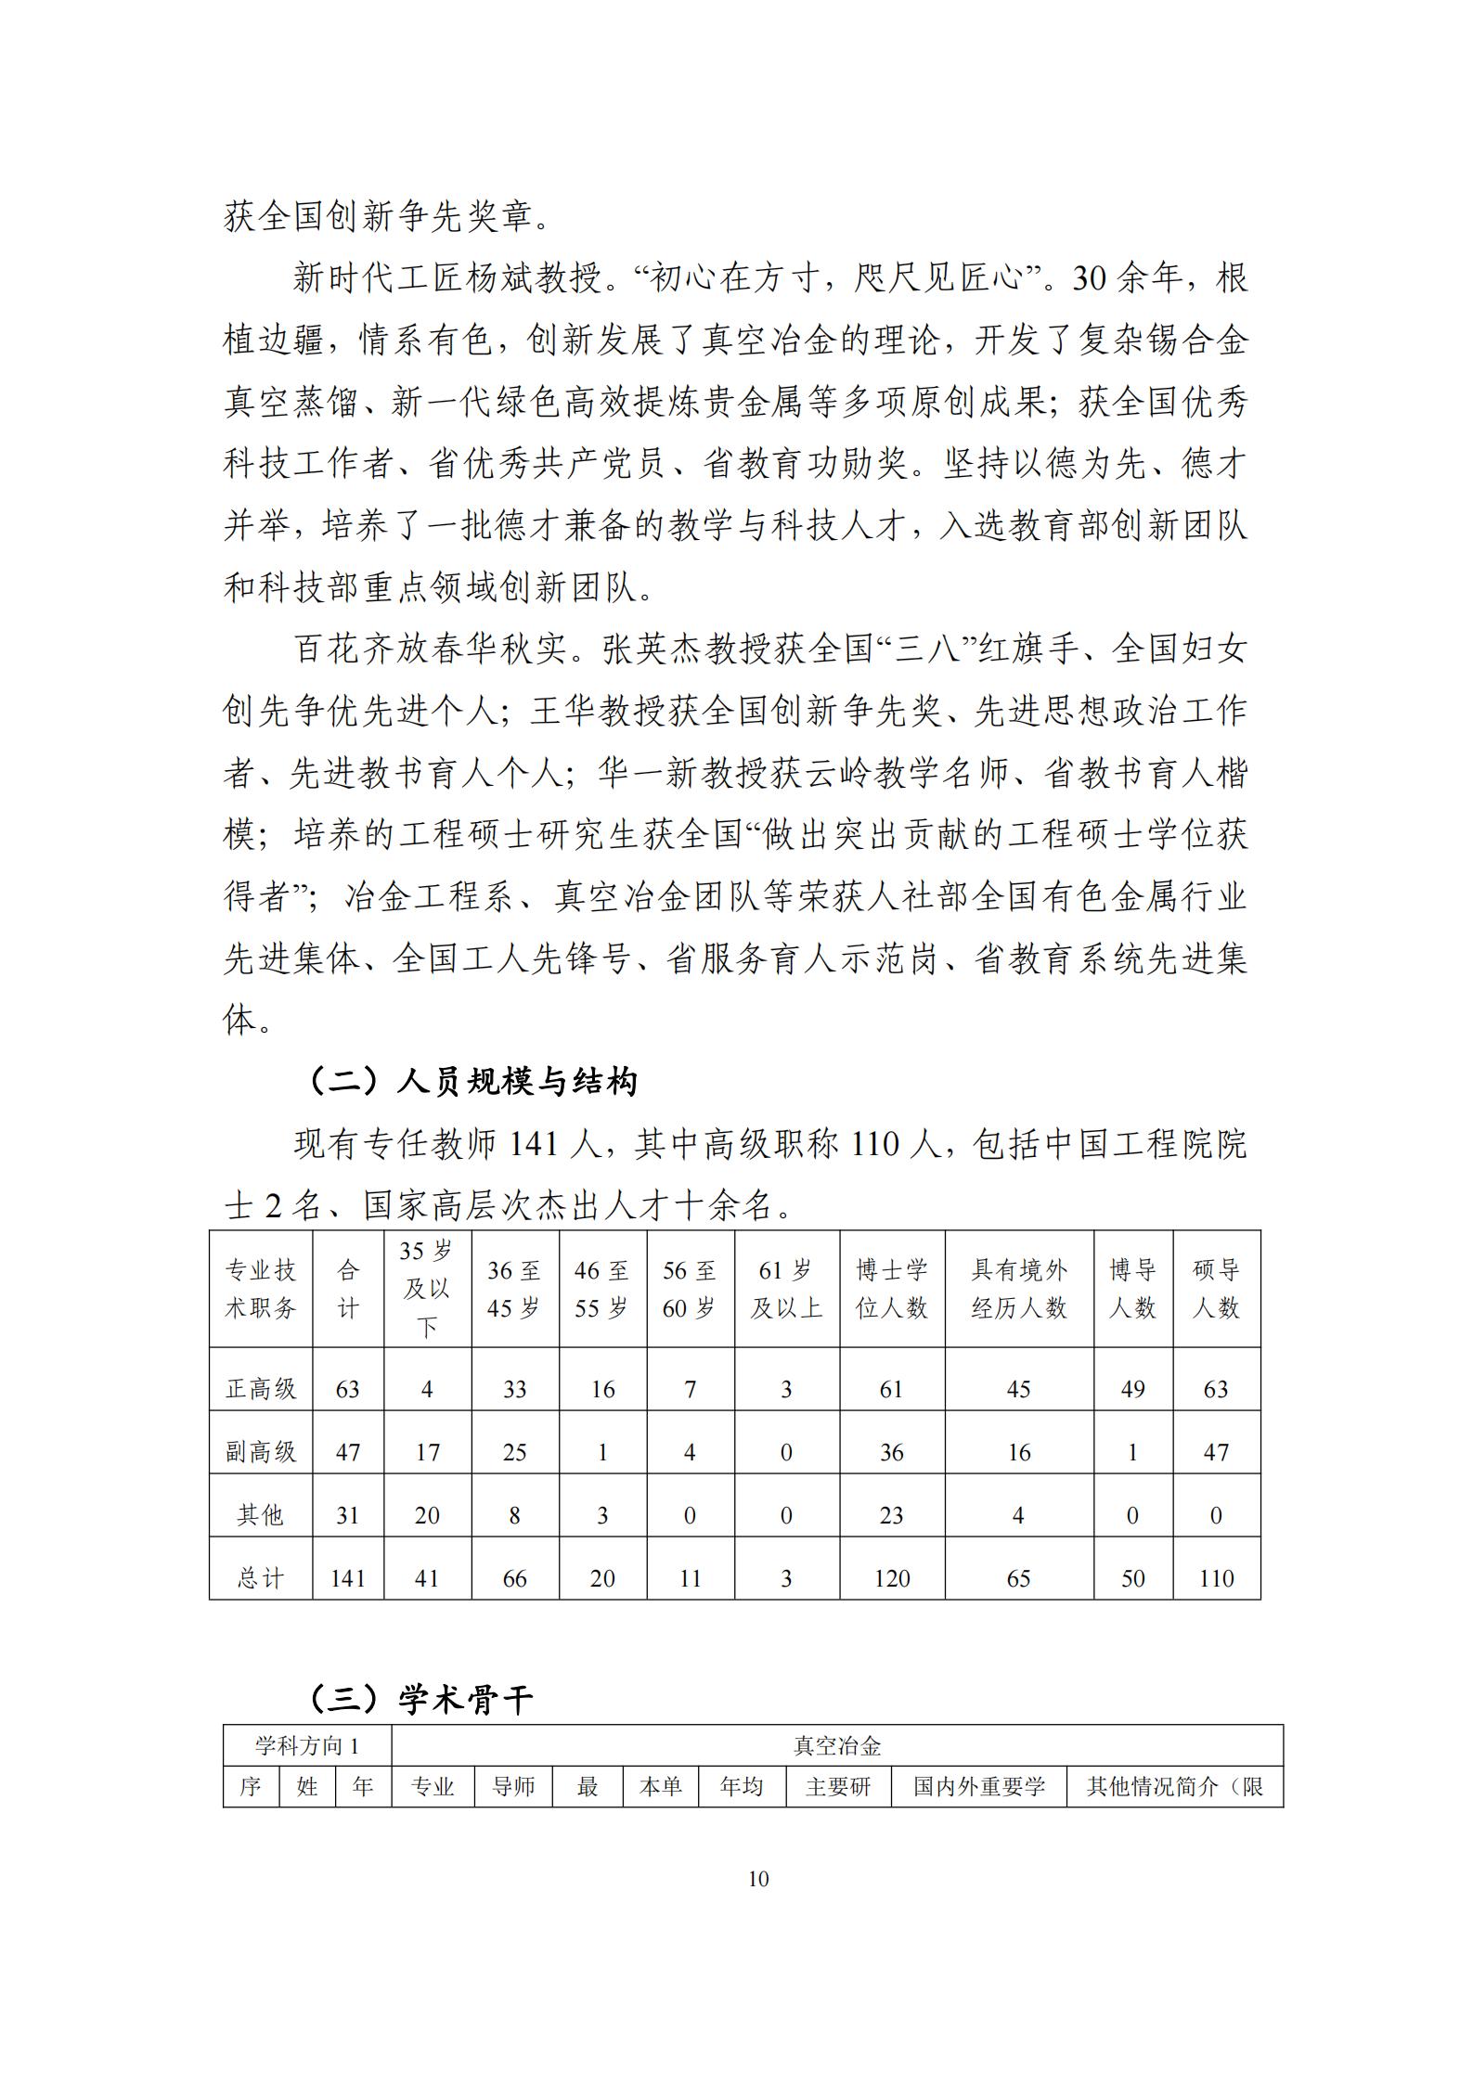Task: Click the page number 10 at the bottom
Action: pyautogui.click(x=757, y=1879)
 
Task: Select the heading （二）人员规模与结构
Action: pyautogui.click(x=472, y=1081)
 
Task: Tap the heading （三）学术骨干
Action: pyautogui.click(x=420, y=1699)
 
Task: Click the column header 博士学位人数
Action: pyautogui.click(x=891, y=1289)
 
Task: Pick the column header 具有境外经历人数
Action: pyautogui.click(x=1018, y=1289)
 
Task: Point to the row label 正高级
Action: pyautogui.click(x=261, y=1389)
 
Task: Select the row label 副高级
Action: pyautogui.click(x=261, y=1452)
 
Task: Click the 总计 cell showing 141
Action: pyautogui.click(x=348, y=1578)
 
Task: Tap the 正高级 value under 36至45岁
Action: pyautogui.click(x=514, y=1389)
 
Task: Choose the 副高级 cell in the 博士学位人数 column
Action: pyautogui.click(x=891, y=1452)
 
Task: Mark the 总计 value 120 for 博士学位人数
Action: pyautogui.click(x=891, y=1578)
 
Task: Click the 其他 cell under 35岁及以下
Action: pyautogui.click(x=427, y=1515)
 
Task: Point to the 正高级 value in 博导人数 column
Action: pyautogui.click(x=1132, y=1389)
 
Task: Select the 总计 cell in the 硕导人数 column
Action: pyautogui.click(x=1216, y=1578)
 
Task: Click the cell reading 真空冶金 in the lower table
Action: pyautogui.click(x=836, y=1746)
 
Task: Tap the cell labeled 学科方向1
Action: pyautogui.click(x=307, y=1746)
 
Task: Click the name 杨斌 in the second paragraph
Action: pyautogui.click(x=500, y=278)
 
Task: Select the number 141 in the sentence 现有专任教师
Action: pyautogui.click(x=531, y=1145)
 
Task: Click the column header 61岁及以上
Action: pyautogui.click(x=786, y=1289)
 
